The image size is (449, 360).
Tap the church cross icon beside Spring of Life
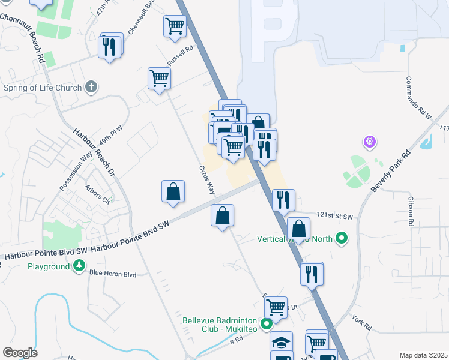tap(91, 88)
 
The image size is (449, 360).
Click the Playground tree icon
tap(79, 266)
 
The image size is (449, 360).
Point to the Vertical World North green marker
tap(342, 238)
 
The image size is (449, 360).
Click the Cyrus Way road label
tap(206, 178)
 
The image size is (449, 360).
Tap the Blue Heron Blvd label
tap(112, 274)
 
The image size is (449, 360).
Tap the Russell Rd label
tap(181, 56)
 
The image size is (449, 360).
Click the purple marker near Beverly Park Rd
tap(369, 142)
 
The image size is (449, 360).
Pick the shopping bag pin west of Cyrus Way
tap(173, 191)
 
